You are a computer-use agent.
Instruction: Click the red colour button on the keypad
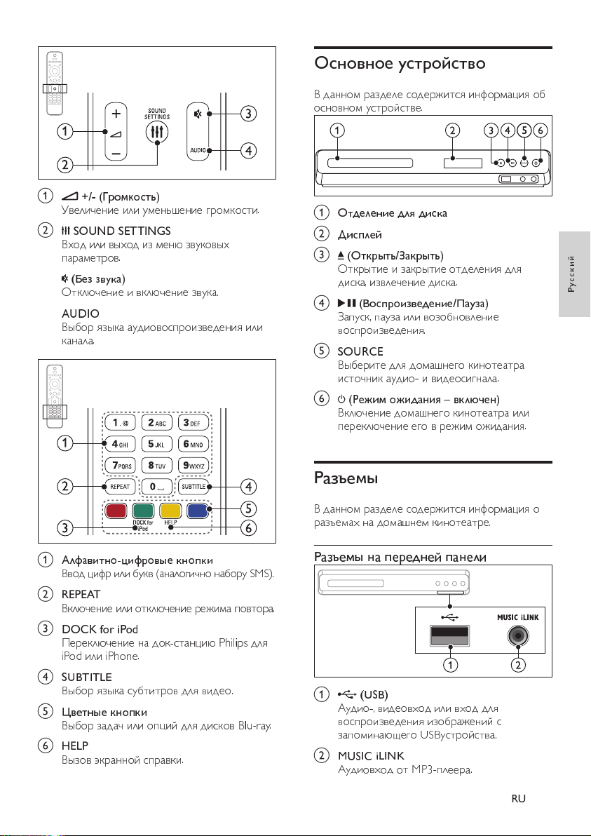(116, 511)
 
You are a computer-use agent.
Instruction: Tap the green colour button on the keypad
(143, 511)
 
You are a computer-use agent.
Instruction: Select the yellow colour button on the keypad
(170, 511)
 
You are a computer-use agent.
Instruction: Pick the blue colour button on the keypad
(198, 511)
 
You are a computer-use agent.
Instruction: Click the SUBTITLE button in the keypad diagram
(193, 486)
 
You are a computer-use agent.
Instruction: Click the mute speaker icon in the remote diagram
(198, 114)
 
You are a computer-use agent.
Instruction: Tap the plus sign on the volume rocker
(116, 113)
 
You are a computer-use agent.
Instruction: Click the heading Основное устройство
(400, 63)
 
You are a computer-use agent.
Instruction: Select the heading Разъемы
(346, 478)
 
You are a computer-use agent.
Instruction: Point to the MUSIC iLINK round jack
(519, 635)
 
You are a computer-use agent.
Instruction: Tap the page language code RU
(519, 798)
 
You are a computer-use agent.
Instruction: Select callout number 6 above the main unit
(541, 130)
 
